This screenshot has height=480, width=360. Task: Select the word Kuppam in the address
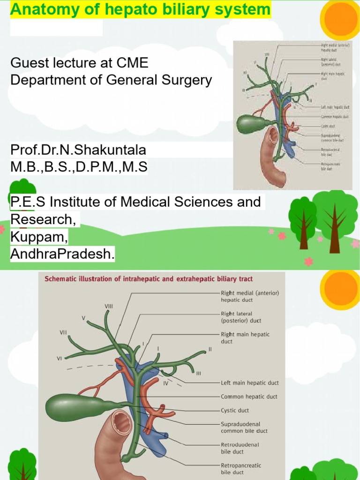[39, 237]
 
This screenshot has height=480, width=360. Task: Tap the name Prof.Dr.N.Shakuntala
[78, 150]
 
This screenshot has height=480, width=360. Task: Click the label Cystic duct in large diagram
[235, 410]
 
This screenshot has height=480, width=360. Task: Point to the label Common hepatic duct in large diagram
[249, 397]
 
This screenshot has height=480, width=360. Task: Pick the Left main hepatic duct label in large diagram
[249, 383]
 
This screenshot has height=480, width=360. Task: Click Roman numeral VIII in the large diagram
[109, 306]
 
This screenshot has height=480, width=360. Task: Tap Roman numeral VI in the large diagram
[60, 358]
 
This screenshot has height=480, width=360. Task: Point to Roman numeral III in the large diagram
[198, 374]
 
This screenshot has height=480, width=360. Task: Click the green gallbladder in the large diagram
[75, 406]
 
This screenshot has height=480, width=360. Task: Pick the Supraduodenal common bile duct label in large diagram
[244, 427]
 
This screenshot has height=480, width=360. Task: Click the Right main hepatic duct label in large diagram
[245, 338]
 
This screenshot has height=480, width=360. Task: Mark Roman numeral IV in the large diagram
[165, 383]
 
